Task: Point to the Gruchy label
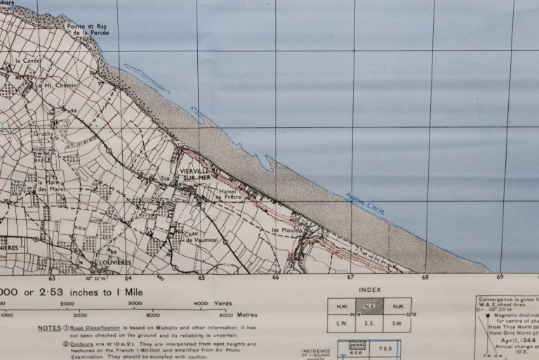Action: click(x=44, y=133)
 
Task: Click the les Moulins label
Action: click(x=286, y=231)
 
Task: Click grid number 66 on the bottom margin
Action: click(x=276, y=278)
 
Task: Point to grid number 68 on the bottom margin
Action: click(x=426, y=278)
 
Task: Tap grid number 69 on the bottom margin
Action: click(x=500, y=278)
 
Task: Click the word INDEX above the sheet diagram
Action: click(x=369, y=290)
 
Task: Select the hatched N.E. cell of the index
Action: click(x=369, y=306)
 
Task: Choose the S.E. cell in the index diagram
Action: click(x=369, y=323)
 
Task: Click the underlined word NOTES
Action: click(x=49, y=328)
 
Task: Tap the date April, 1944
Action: click(x=519, y=340)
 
